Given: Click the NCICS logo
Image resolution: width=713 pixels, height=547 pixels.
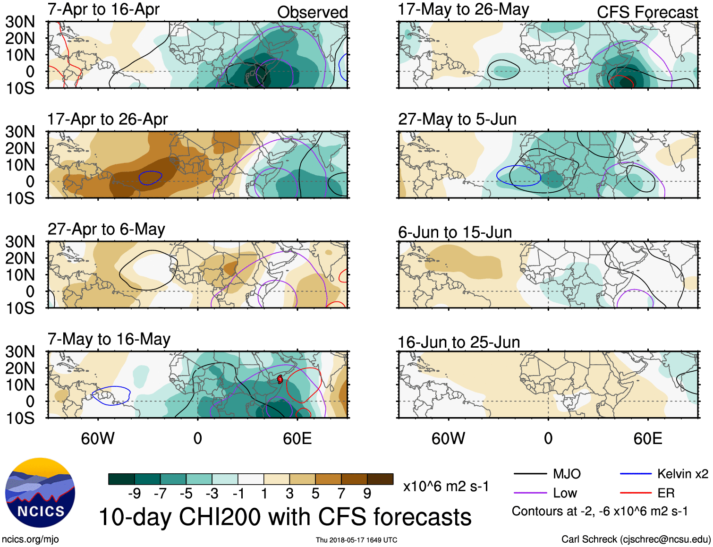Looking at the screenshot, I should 40,493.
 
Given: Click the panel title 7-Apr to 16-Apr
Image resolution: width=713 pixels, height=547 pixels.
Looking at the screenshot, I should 103,9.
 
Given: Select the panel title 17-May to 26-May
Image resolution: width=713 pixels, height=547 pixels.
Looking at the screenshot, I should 463,9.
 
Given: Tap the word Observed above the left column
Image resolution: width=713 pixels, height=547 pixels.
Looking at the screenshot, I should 312,12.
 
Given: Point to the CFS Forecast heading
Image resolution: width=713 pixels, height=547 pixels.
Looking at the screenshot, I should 647,12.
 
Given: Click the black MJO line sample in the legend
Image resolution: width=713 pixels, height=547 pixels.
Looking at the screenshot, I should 530,474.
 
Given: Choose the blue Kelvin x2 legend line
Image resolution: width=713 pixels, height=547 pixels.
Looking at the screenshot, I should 636,474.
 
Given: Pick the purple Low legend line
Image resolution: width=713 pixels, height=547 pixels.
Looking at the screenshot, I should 530,493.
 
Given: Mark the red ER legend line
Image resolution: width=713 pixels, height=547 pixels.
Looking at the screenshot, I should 636,493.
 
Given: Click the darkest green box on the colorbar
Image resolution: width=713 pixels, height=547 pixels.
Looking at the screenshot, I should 121,479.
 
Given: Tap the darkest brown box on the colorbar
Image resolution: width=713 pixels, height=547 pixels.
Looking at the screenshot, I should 380,479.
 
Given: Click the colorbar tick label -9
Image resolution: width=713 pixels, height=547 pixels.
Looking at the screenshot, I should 134,494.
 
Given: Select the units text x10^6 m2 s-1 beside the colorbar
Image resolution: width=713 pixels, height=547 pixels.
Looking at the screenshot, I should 446,486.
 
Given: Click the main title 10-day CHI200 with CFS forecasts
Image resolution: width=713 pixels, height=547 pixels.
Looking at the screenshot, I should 285,517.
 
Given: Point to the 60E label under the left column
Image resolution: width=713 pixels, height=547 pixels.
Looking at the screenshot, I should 297,438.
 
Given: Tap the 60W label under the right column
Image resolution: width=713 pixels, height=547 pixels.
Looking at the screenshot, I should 448,438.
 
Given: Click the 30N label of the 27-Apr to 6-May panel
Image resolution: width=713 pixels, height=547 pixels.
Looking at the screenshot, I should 20,242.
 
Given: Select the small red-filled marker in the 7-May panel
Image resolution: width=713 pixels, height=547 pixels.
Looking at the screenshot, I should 280,379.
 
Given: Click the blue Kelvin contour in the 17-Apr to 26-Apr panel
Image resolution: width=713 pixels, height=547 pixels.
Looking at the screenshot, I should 150,178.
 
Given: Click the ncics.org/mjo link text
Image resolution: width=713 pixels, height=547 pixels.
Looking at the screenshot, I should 30,539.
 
